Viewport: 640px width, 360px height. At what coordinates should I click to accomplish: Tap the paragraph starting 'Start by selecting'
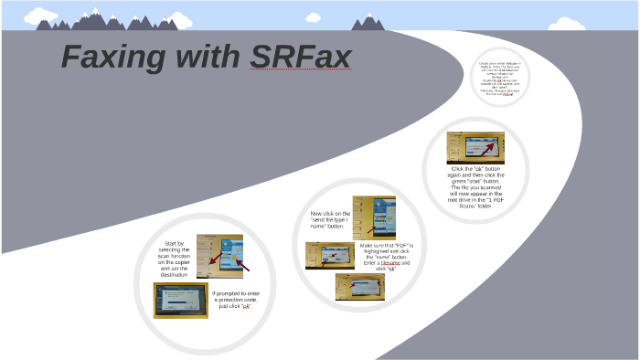pyautogui.click(x=174, y=259)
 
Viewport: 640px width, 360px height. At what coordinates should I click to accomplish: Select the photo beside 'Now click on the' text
pyautogui.click(x=374, y=217)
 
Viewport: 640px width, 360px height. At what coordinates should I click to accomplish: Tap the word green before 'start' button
pyautogui.click(x=461, y=181)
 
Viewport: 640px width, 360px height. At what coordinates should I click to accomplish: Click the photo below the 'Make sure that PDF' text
pyautogui.click(x=359, y=286)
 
